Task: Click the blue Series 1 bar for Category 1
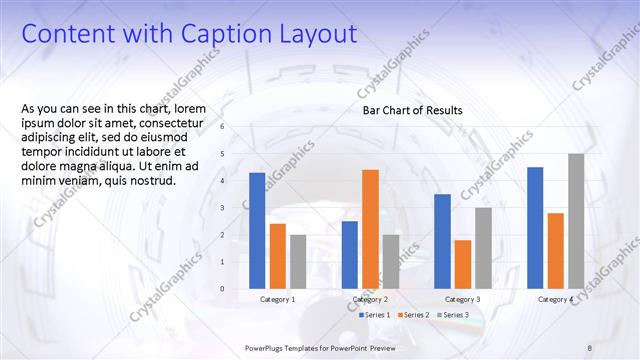257,231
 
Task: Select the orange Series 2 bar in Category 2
370,229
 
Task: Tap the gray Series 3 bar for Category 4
576,221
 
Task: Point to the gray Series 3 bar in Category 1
298,262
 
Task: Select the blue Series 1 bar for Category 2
349,255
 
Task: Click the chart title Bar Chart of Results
412,111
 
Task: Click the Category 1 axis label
277,299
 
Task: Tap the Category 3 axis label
462,299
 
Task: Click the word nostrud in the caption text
148,181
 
